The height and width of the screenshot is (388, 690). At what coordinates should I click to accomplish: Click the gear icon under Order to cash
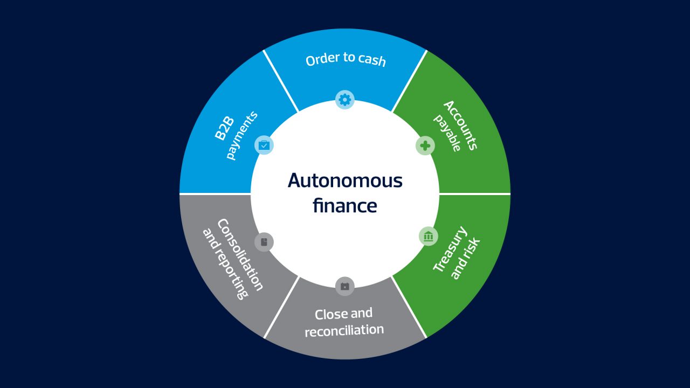click(345, 99)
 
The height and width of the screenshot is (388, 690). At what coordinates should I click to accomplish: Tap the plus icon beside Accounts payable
click(425, 145)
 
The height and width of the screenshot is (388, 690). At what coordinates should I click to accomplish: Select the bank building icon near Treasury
click(429, 236)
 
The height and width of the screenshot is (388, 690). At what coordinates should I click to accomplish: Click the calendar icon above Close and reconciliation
click(345, 286)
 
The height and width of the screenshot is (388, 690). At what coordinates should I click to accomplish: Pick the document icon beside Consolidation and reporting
click(264, 242)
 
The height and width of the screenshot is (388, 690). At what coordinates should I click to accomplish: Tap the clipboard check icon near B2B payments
click(264, 145)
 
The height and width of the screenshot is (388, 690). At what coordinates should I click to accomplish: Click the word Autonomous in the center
click(345, 181)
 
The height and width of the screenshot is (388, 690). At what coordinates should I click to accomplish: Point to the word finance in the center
click(345, 206)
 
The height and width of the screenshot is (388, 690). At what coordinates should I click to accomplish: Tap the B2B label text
click(224, 129)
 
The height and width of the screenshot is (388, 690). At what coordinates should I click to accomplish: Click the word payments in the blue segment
click(241, 135)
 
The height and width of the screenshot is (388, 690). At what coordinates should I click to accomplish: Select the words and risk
click(465, 259)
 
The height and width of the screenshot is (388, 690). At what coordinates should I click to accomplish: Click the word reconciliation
click(344, 330)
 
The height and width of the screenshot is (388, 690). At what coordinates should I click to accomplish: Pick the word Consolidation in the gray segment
click(240, 255)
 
